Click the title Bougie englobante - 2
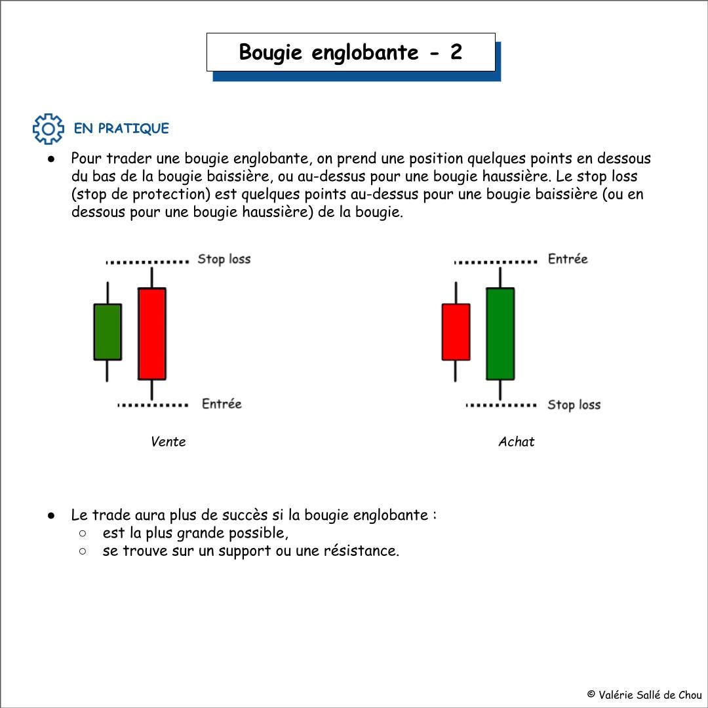(x=351, y=52)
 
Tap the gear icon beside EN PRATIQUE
(x=49, y=129)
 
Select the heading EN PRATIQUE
(x=121, y=128)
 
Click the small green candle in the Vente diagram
(x=108, y=332)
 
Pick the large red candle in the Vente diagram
(x=151, y=334)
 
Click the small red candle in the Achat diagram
(x=456, y=332)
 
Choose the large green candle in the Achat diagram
(x=500, y=334)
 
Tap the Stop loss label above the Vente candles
(x=224, y=260)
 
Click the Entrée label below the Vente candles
(x=222, y=404)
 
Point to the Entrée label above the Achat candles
(x=568, y=259)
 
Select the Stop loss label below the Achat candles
(x=574, y=405)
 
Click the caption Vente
(x=168, y=442)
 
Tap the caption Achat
(x=516, y=442)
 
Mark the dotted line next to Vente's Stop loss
(x=147, y=262)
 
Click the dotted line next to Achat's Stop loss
(x=501, y=405)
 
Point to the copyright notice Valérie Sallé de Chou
(x=644, y=695)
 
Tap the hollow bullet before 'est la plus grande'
(x=83, y=533)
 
